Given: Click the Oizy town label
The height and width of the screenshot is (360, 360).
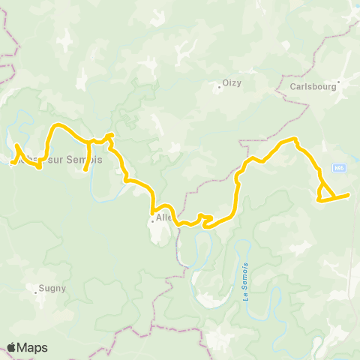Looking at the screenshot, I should [232, 84].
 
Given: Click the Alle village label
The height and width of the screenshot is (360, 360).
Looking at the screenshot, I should [164, 217].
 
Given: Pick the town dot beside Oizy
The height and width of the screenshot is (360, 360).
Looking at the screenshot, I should [219, 87].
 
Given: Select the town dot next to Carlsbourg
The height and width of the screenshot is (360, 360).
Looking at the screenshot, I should [338, 82].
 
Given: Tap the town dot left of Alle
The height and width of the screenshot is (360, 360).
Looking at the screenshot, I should [152, 220].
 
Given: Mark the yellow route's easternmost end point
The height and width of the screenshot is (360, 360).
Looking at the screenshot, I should [349, 195].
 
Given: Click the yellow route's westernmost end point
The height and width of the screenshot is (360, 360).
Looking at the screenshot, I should [11, 161].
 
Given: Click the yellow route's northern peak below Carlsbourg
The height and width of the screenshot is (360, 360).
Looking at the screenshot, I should [295, 139].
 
